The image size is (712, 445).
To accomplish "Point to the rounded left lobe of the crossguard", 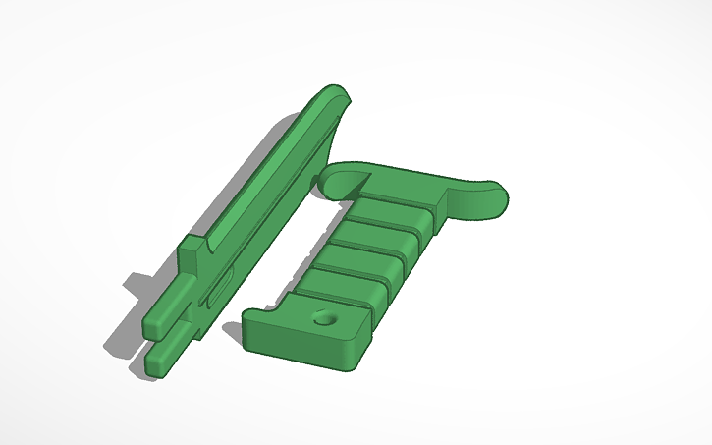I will point(334,179).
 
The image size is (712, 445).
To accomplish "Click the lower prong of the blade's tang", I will point(167,359).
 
